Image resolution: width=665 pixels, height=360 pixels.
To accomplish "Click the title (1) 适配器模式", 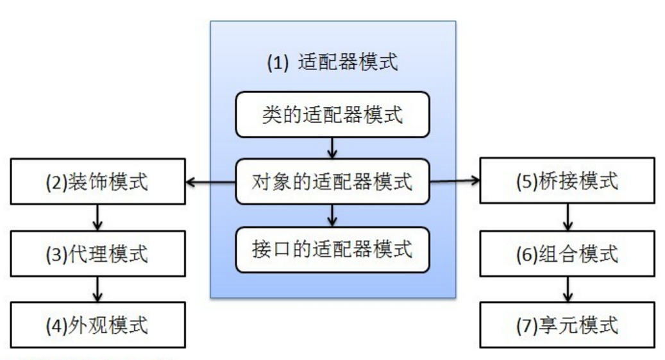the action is (x=332, y=62).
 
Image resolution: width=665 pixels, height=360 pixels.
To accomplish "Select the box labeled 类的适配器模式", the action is (x=332, y=115).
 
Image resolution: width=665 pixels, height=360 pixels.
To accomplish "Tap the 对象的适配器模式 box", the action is (x=332, y=182).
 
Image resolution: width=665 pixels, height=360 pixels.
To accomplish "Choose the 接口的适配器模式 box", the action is (x=332, y=250).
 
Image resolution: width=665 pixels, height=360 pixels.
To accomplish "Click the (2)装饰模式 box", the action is (x=98, y=182).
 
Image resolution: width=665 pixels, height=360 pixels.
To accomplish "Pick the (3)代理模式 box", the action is (x=98, y=254).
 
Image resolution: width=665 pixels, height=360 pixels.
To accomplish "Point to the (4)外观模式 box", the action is (x=98, y=325).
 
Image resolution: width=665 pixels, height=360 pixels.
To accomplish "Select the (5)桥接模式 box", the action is (x=568, y=180).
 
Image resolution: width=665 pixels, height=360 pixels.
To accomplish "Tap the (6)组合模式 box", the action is (x=568, y=254).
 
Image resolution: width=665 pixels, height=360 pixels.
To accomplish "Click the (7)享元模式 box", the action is (x=568, y=325).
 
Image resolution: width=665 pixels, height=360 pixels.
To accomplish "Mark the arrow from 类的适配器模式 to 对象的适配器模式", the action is (x=332, y=148).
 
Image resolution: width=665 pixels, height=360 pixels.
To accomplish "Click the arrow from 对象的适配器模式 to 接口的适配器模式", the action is (x=332, y=216).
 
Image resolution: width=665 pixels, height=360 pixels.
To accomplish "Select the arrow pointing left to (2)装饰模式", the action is (x=211, y=182).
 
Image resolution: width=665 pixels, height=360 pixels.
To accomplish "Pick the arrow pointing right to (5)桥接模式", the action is (x=455, y=181).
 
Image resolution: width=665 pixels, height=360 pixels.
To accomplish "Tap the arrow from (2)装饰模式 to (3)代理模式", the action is (x=98, y=218).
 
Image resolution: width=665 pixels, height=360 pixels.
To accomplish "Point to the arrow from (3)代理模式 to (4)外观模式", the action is (x=98, y=289).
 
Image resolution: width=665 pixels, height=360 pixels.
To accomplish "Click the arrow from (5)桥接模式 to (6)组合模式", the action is (x=568, y=217).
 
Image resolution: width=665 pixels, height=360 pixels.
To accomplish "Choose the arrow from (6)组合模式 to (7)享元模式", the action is (x=568, y=289).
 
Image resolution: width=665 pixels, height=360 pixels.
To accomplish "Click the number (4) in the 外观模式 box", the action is (x=56, y=325).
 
